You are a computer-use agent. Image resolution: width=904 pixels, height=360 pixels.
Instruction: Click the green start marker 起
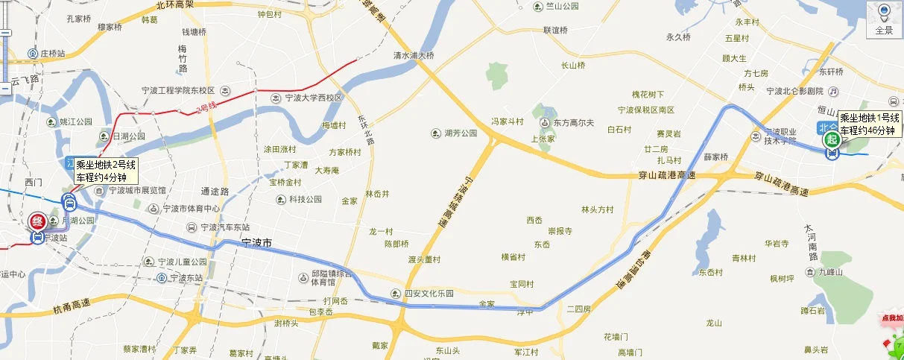tap(831, 140)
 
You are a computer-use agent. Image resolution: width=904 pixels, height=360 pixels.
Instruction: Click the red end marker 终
tap(37, 222)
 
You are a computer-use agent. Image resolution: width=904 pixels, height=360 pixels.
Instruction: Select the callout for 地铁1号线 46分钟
tap(869, 124)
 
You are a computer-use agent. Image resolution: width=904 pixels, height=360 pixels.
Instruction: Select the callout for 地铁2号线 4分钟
tap(105, 171)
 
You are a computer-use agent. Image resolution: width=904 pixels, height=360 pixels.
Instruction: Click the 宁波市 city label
tap(257, 243)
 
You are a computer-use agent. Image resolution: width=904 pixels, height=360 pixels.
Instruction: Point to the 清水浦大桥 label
tap(414, 55)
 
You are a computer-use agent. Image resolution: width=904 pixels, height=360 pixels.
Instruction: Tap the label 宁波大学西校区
tap(312, 98)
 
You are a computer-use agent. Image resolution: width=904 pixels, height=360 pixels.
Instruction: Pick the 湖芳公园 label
tap(459, 133)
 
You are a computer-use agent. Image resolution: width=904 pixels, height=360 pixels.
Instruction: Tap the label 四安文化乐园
tap(428, 292)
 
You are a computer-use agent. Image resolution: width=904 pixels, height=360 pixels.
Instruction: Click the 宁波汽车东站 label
tap(224, 227)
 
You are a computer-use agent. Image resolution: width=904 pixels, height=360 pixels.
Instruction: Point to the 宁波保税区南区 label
tap(645, 110)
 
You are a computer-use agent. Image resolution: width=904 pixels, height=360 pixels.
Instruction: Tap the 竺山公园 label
tap(560, 7)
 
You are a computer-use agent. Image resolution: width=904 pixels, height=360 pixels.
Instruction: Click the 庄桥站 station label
tap(53, 54)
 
